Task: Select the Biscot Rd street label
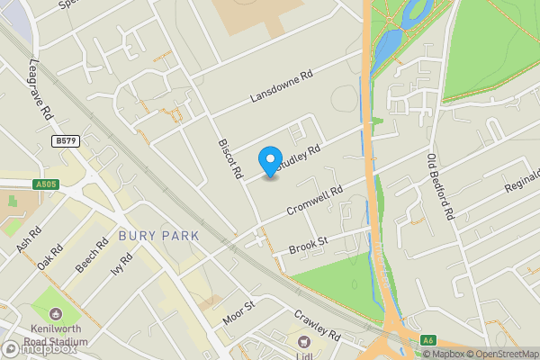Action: click(x=228, y=158)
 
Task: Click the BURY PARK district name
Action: click(x=158, y=236)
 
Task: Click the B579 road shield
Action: click(x=65, y=141)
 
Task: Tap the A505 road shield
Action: click(x=47, y=185)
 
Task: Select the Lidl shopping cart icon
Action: click(x=304, y=341)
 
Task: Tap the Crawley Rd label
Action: click(x=318, y=326)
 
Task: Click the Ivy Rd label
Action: click(x=121, y=267)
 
